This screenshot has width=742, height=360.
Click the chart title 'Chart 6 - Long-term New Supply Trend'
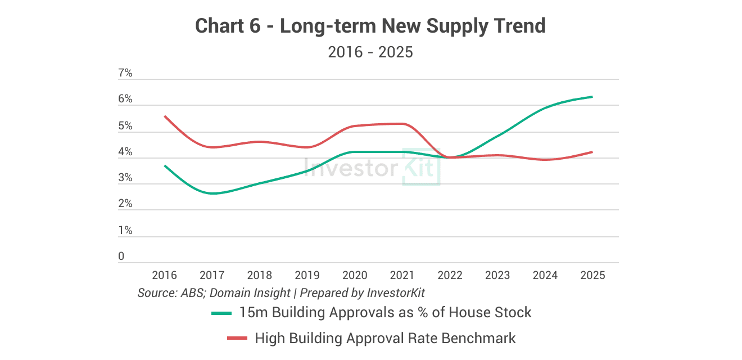[370, 26]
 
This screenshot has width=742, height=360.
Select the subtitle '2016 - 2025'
[370, 52]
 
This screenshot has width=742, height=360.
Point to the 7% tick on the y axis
[125, 73]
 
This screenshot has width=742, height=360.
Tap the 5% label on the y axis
[125, 126]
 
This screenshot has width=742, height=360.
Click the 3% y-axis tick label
[125, 178]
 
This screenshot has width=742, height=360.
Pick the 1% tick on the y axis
[125, 231]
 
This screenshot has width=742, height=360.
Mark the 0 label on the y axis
[121, 256]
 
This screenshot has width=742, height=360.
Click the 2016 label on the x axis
[164, 275]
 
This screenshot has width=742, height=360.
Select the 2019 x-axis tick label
[307, 275]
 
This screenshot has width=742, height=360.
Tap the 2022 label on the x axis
[450, 275]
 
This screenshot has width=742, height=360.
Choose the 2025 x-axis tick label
[592, 275]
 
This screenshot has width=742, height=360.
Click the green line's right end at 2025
[592, 97]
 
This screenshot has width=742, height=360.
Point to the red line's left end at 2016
[165, 116]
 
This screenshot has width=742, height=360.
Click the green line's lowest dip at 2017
[213, 193]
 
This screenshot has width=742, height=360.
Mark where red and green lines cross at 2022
[450, 157]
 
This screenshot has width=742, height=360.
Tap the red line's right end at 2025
[592, 152]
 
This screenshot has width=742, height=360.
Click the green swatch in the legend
[222, 313]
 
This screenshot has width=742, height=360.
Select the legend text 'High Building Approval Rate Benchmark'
[385, 338]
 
